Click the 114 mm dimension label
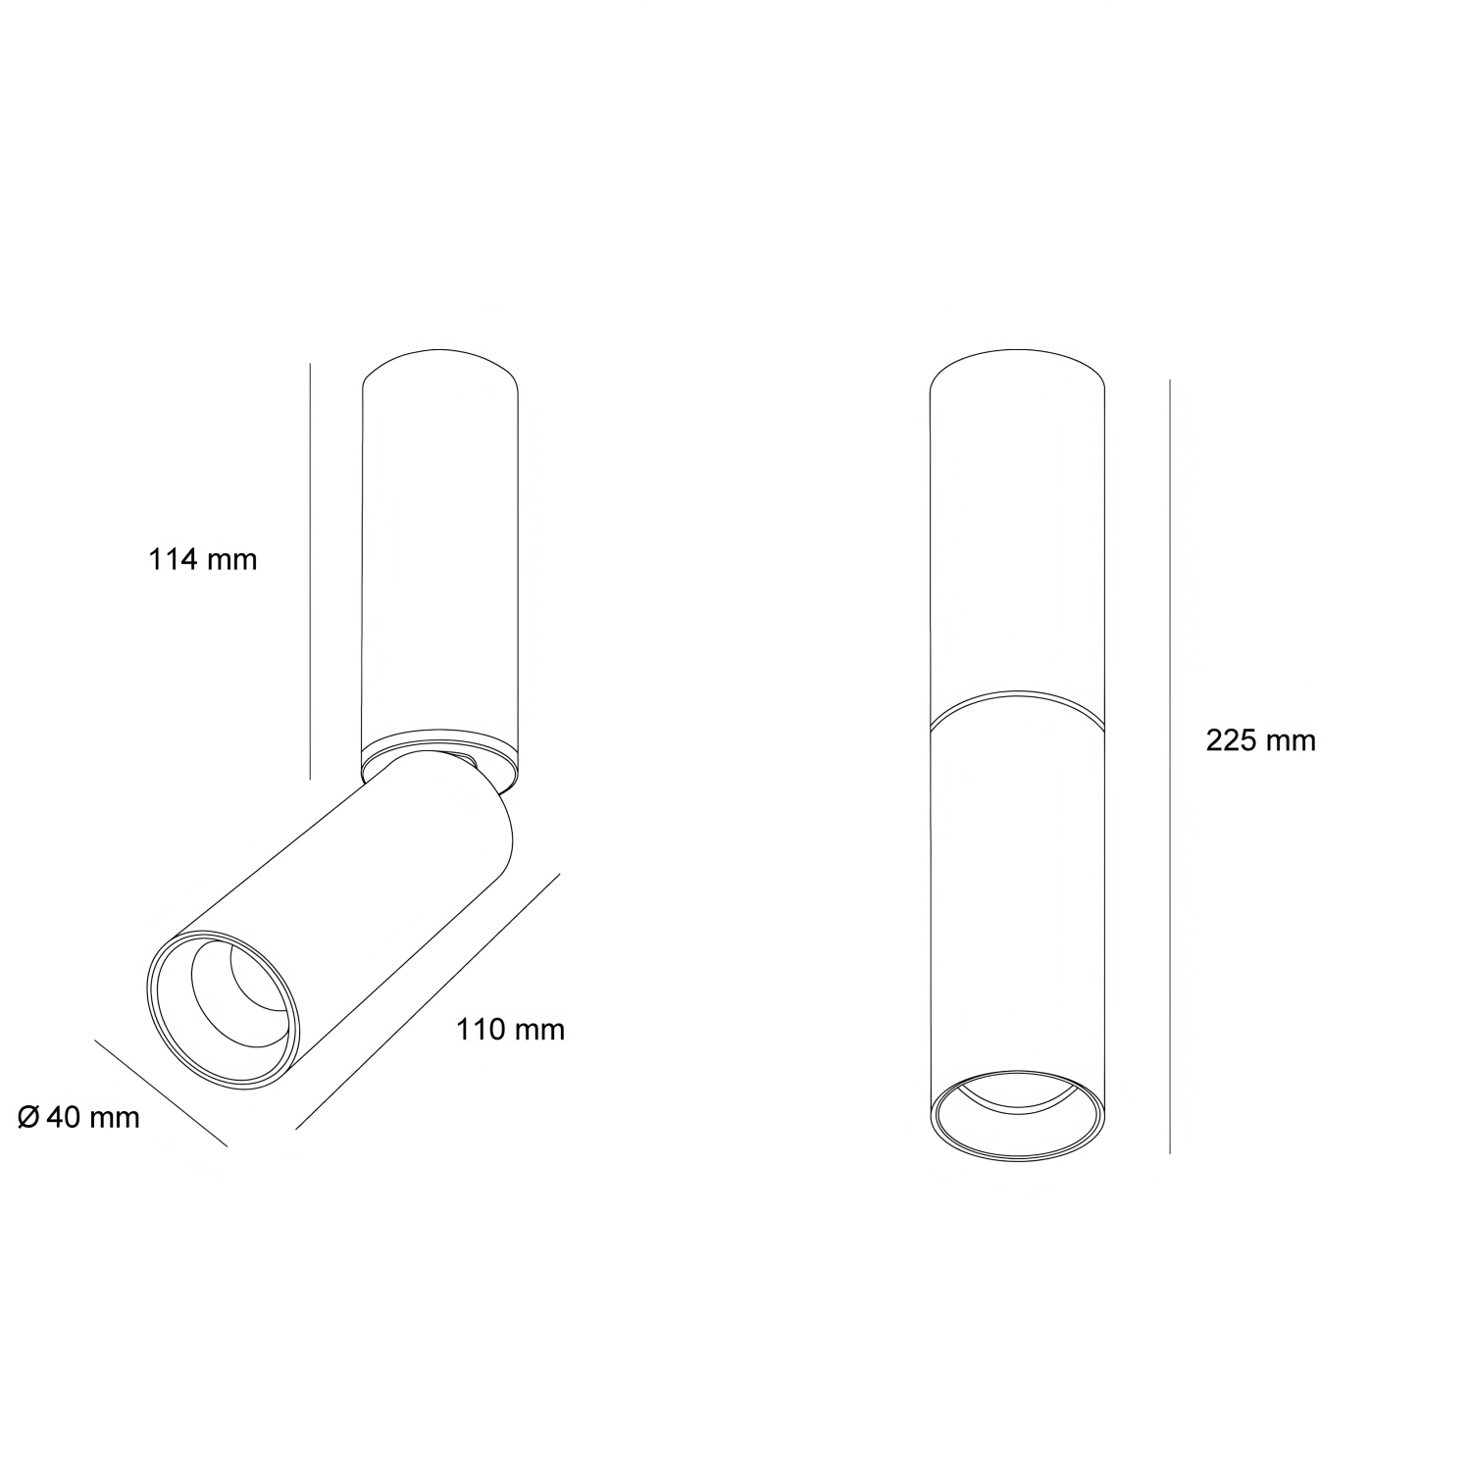pos(203,560)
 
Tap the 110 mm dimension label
pos(510,1030)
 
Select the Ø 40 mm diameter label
pos(79,1116)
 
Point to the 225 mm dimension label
pos(1260,740)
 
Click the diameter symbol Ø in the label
pos(29,1116)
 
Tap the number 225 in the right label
pos(1232,740)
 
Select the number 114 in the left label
pos(175,560)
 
